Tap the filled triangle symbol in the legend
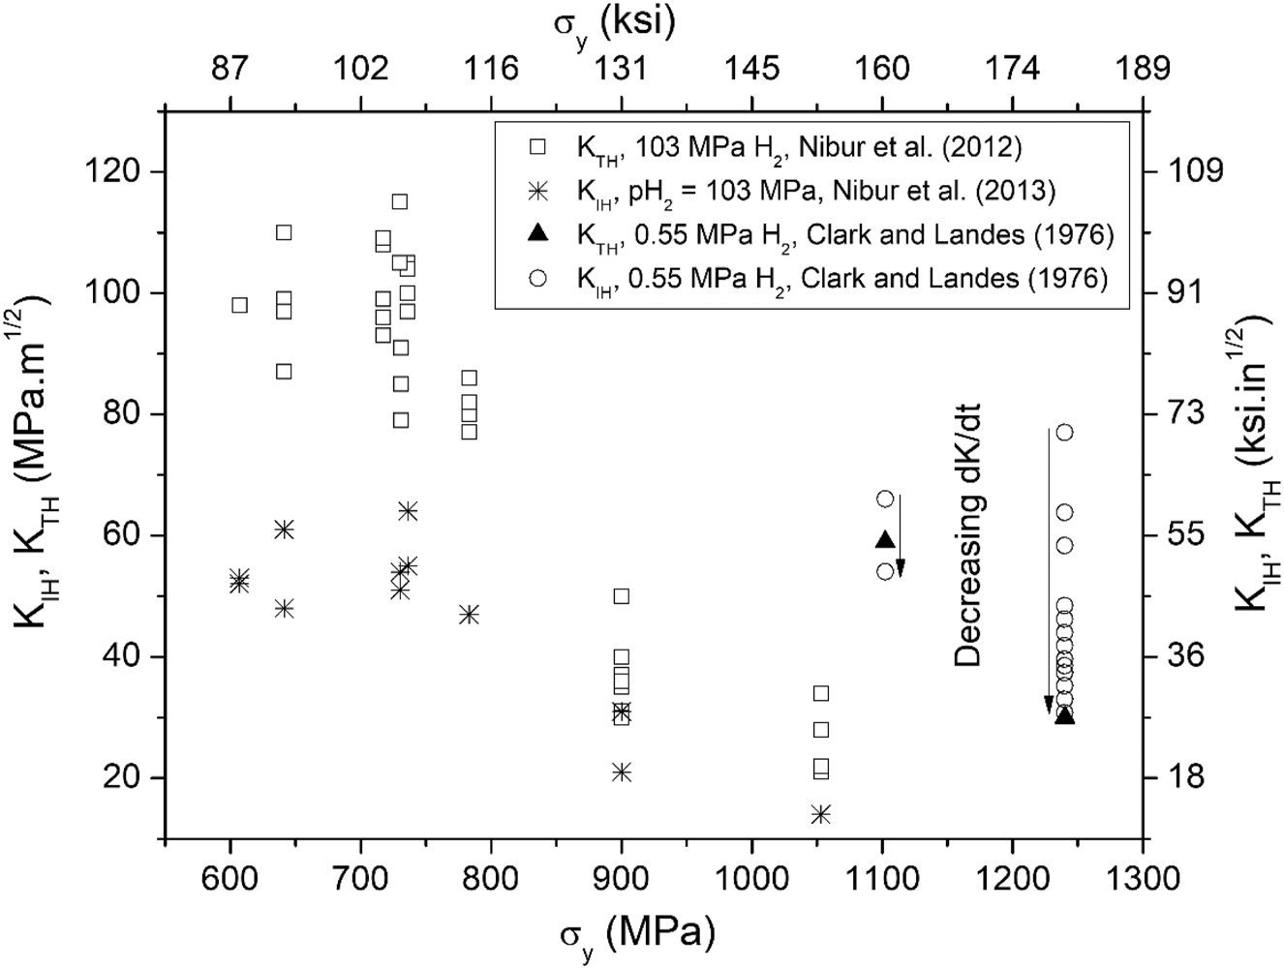click(538, 234)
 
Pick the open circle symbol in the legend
click(538, 279)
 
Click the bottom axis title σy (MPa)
click(636, 934)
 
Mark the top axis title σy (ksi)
click(614, 23)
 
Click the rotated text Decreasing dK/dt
click(968, 535)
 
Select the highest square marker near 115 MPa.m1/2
click(399, 201)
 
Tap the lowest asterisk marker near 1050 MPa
click(821, 814)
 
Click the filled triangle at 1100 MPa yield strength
click(883, 540)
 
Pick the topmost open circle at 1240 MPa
click(1064, 433)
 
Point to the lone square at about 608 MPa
click(239, 305)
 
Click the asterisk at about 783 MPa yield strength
click(469, 615)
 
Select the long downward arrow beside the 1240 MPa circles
click(1048, 571)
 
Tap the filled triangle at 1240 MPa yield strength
click(1064, 716)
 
